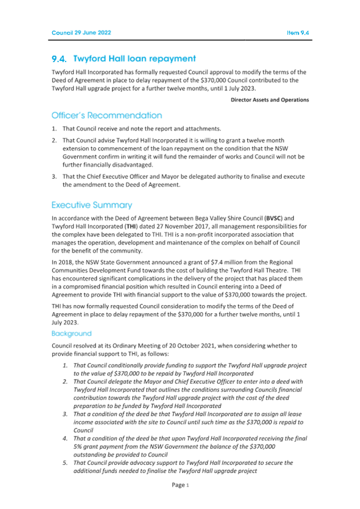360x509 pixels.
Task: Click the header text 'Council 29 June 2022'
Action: click(81, 33)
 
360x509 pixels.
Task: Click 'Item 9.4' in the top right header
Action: click(298, 33)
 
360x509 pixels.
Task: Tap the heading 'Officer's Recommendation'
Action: click(107, 115)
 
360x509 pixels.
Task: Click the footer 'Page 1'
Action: click(180, 485)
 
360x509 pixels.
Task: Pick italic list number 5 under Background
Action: click(65, 463)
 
